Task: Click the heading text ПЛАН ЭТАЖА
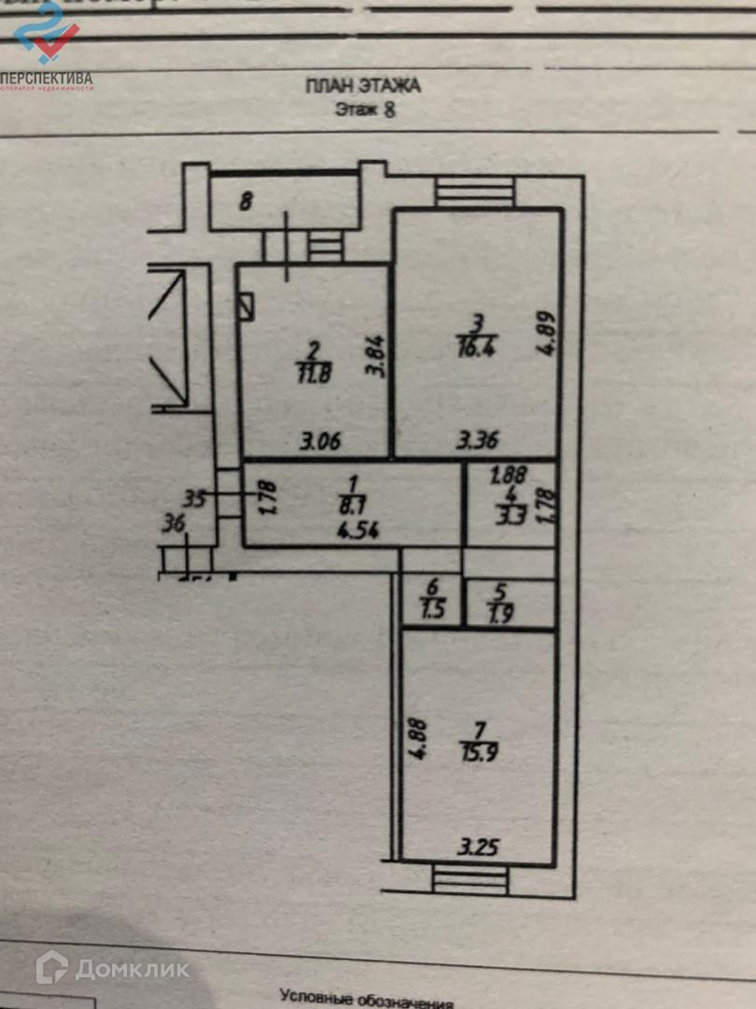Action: (363, 86)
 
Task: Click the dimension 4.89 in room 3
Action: (548, 333)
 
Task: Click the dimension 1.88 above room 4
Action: (508, 474)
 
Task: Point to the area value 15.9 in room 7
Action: (480, 751)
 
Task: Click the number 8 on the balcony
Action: (245, 201)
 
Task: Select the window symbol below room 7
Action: (471, 879)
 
